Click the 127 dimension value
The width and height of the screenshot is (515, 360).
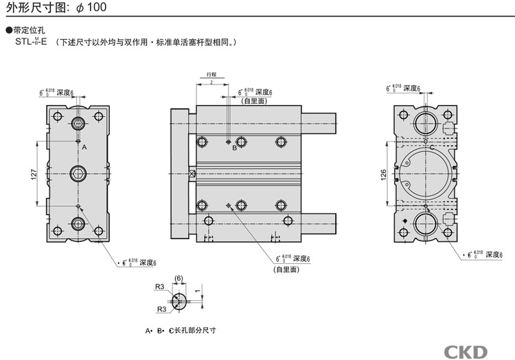point(33,175)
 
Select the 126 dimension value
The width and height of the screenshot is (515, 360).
point(383,175)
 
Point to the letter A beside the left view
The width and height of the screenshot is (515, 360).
point(84,148)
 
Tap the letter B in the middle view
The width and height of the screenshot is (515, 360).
point(234,147)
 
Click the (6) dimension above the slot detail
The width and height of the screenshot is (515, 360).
point(179,278)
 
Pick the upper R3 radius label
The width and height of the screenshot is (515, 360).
point(159,286)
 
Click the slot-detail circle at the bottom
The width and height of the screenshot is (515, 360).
point(179,301)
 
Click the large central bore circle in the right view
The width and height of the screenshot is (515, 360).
point(425,174)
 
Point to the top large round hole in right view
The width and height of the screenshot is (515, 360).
point(425,124)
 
